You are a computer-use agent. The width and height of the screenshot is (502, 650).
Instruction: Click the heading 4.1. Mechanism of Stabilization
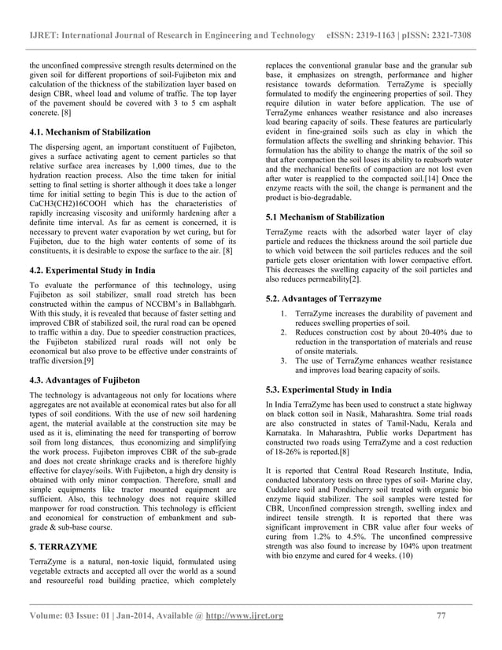(89, 131)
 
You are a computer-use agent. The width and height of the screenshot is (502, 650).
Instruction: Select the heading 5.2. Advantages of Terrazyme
(323, 300)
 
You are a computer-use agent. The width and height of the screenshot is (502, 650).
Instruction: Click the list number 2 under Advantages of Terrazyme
(284, 333)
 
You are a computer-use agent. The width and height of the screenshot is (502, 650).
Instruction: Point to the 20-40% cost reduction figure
(415, 333)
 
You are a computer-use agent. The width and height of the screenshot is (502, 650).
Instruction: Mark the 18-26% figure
(288, 453)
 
